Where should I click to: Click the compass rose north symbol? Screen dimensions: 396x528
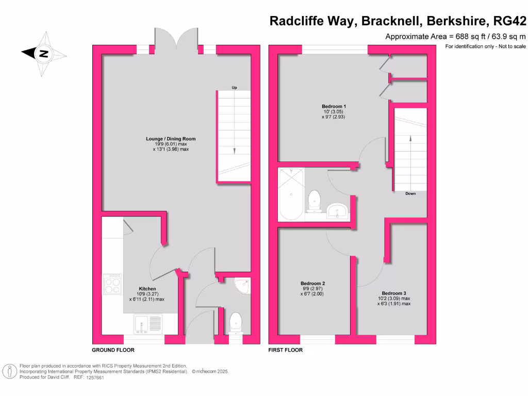(44, 53)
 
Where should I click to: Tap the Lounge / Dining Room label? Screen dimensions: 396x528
(171, 139)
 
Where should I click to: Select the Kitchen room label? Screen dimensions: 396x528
(147, 289)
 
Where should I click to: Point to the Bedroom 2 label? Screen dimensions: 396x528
(312, 284)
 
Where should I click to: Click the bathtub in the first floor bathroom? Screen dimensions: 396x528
(291, 194)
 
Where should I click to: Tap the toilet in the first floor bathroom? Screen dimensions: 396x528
(314, 201)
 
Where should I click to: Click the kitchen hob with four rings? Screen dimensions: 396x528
(112, 284)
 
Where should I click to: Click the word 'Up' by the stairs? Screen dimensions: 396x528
(234, 88)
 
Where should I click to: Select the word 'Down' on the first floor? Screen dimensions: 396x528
(410, 194)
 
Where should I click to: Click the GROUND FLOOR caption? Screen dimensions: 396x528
(113, 350)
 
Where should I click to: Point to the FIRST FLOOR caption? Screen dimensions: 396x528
(285, 350)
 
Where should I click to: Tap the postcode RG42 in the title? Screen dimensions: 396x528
(510, 21)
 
